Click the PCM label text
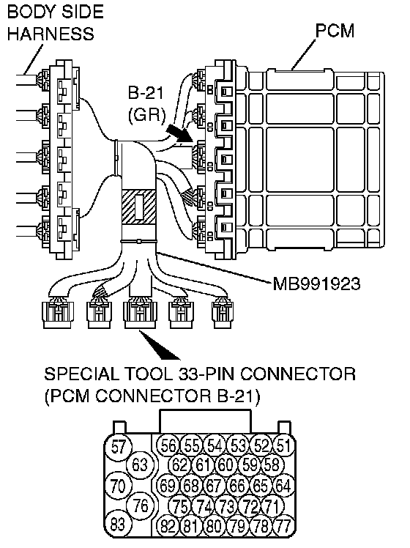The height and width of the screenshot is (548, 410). point(335,31)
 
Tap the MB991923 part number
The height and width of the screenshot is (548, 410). point(316,284)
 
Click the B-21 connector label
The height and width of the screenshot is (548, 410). point(145,94)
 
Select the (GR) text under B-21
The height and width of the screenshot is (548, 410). point(146,114)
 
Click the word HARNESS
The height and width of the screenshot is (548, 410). point(51,34)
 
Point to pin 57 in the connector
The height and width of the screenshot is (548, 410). point(118,447)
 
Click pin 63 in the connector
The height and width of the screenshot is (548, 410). point(140,464)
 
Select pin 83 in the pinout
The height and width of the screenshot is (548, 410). point(118,524)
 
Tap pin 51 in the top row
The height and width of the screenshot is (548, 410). point(283,445)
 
